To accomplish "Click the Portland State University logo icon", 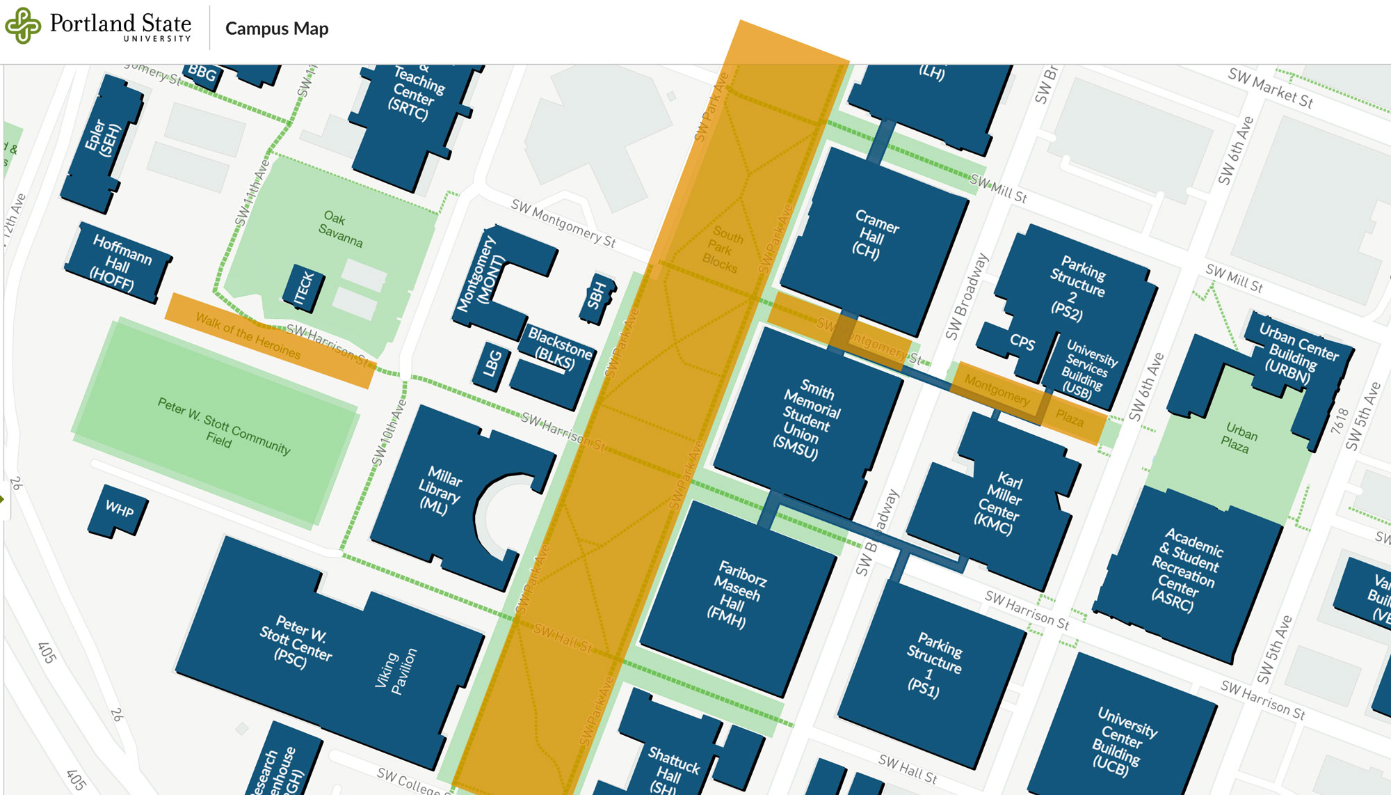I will click(x=23, y=26).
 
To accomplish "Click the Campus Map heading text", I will click(x=276, y=29).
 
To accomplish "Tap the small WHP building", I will click(x=118, y=510).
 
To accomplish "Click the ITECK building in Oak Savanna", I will click(x=304, y=288).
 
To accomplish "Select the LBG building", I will click(x=492, y=364).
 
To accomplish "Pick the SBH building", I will click(x=597, y=297).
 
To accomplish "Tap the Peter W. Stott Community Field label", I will click(x=223, y=424).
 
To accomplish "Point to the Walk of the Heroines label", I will click(x=248, y=336).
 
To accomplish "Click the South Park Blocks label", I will click(x=723, y=249).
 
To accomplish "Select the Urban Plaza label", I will click(x=1239, y=438).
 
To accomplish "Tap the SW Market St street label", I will click(x=1270, y=88).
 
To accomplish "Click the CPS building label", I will click(x=1022, y=342).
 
